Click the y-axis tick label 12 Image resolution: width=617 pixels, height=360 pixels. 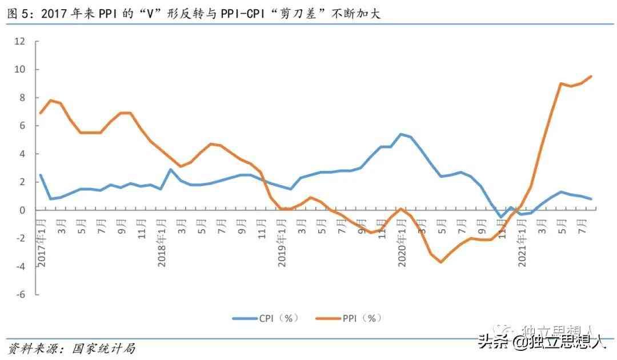click(21, 41)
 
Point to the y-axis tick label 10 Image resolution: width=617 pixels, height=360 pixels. click(21, 69)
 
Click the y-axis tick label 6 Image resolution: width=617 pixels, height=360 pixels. click(22, 126)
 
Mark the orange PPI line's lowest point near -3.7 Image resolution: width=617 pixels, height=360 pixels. click(441, 262)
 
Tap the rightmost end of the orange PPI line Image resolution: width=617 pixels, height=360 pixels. click(591, 76)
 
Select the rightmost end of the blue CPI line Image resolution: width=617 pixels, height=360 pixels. click(591, 199)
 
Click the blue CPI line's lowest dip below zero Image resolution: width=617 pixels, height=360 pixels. click(501, 217)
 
